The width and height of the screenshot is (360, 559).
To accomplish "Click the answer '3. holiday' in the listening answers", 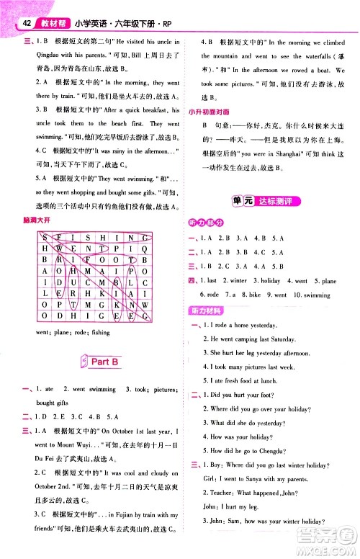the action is [270, 280].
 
